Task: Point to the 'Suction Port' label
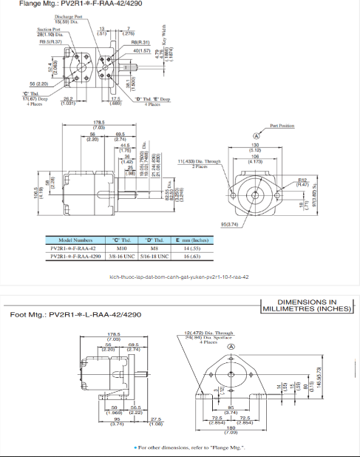click(50, 29)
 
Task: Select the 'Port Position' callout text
click(282, 126)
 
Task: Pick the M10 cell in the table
click(117, 249)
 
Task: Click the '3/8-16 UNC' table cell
click(117, 257)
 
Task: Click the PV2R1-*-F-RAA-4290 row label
click(74, 257)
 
